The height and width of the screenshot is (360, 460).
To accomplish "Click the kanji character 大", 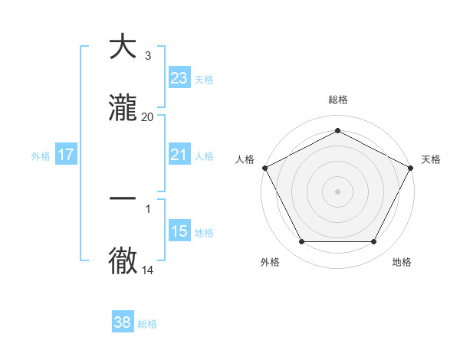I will (123, 47).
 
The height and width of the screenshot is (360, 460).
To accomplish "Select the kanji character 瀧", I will (123, 108).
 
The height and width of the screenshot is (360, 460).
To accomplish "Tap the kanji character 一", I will (123, 198).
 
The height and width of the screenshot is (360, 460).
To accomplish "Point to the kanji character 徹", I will (123, 260).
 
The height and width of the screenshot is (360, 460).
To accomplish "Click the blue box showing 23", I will (179, 77).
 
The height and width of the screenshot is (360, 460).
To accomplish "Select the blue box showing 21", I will (179, 155).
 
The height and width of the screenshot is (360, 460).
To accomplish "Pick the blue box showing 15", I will (179, 231).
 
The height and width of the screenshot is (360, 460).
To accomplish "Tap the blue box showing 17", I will (66, 155).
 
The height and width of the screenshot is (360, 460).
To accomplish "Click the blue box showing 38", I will (123, 322).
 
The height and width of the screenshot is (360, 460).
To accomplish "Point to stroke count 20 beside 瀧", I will (147, 117).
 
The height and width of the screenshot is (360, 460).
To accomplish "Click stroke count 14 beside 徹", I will (147, 270).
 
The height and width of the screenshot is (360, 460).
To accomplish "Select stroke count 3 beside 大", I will (147, 56).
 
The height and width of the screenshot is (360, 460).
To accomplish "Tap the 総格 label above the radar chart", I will (337, 100).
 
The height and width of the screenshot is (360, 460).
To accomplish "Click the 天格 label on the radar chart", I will (431, 159).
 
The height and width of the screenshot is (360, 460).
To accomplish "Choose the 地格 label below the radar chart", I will (402, 262).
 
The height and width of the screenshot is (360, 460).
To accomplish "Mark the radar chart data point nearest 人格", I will (264, 168).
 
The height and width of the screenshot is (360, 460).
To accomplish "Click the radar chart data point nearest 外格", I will (301, 242).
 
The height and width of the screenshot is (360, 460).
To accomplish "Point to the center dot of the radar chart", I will (337, 191).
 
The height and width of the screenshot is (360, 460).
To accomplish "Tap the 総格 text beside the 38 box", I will (147, 324).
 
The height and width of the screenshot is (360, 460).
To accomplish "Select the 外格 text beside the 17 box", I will (41, 156).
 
